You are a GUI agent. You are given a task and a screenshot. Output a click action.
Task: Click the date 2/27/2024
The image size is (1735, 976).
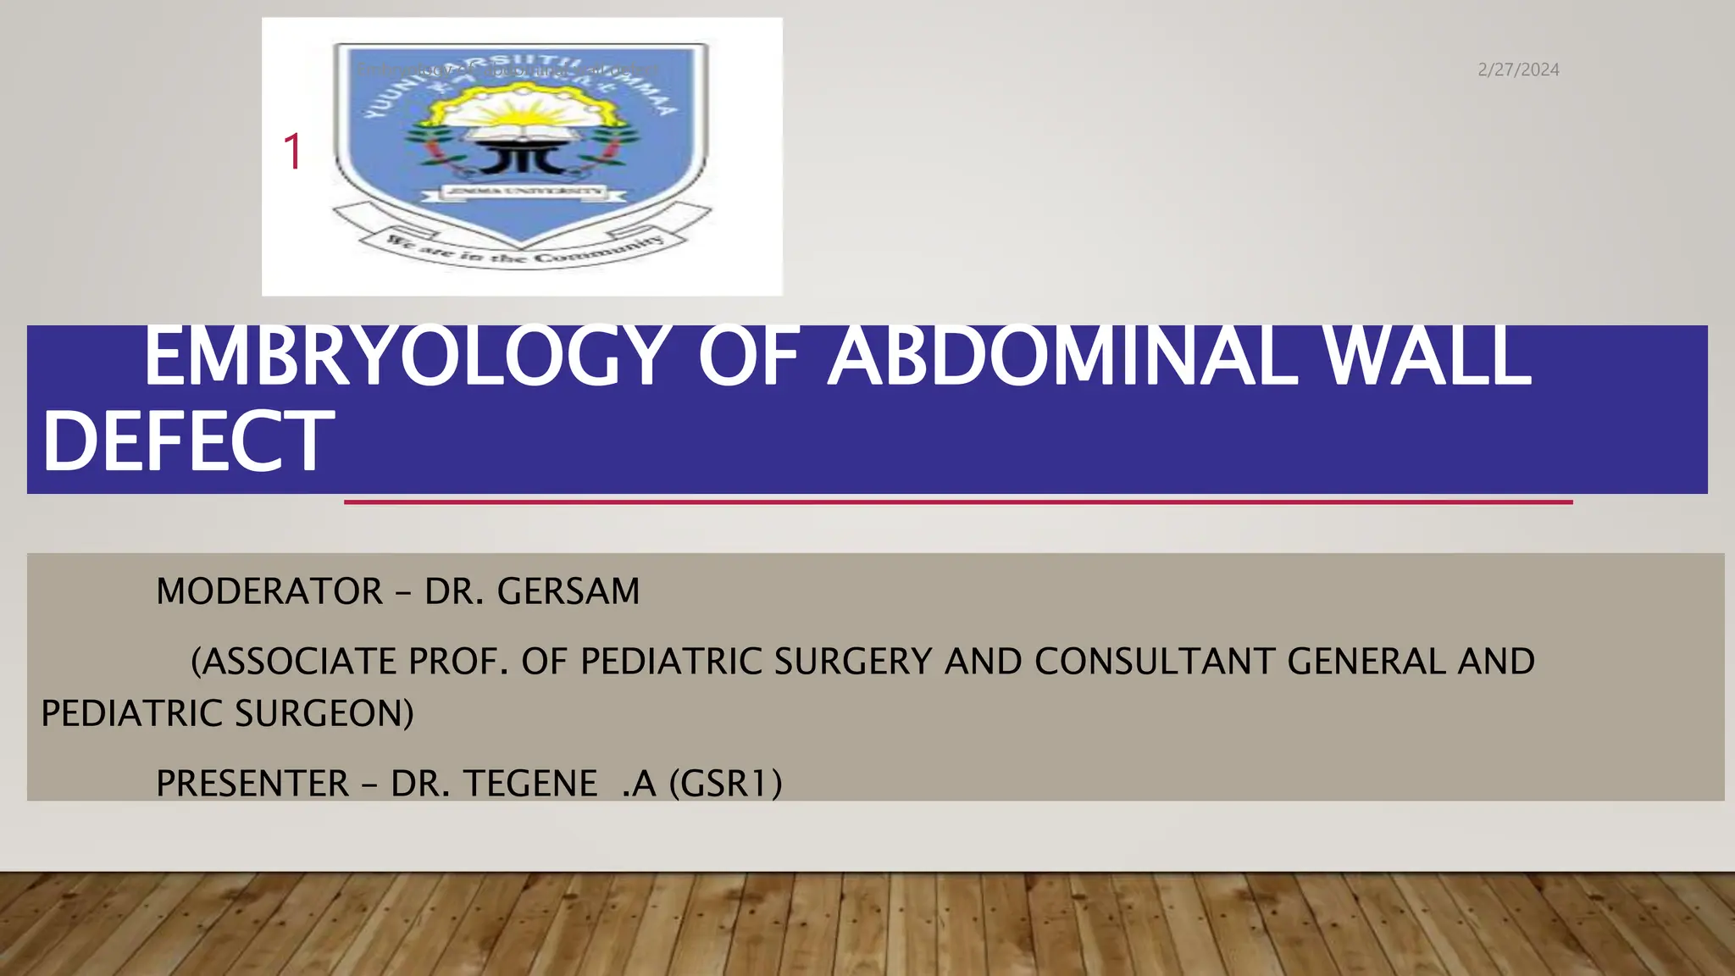point(1518,70)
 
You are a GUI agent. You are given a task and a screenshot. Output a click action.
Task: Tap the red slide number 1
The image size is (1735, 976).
point(292,152)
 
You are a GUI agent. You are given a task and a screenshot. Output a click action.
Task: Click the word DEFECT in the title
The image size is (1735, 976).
point(188,442)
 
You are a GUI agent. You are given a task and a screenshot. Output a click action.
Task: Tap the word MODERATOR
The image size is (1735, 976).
point(269,591)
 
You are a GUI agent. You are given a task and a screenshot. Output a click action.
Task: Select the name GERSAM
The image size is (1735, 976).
point(568,591)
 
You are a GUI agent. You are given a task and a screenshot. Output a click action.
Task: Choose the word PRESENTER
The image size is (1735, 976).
point(252,784)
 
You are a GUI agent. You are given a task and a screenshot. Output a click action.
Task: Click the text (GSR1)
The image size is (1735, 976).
point(726,784)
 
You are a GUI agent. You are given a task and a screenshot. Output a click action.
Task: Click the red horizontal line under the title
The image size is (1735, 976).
point(957,502)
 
